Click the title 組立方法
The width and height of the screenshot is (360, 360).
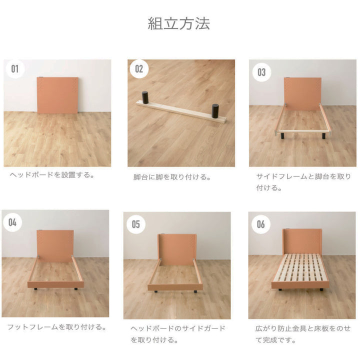pos(179,23)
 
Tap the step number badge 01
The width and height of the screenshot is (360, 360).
pos(15,69)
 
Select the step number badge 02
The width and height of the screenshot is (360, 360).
pos(138,69)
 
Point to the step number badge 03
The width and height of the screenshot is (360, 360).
pos(261,71)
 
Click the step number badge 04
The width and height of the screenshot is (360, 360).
pos(12,222)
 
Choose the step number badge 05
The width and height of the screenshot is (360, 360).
pos(136,224)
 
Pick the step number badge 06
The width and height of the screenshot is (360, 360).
pos(260,224)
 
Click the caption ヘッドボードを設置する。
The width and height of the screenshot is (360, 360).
pos(52,175)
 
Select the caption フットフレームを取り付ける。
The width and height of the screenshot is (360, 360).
pos(56,327)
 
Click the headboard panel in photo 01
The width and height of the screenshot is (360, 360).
pos(58,94)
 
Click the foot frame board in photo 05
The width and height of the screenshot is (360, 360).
pos(174,287)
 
